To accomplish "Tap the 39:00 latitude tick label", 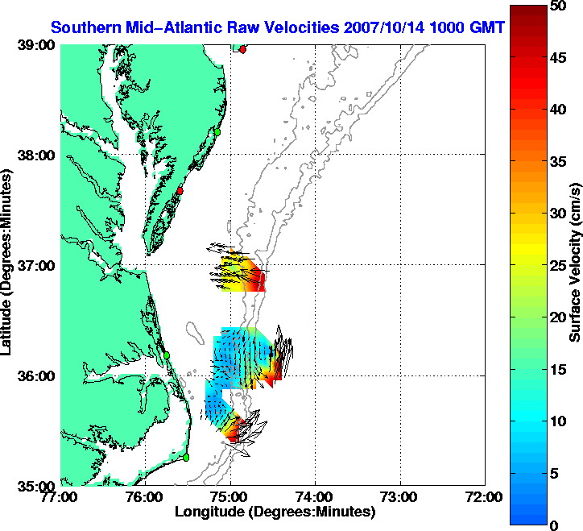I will click(x=35, y=46).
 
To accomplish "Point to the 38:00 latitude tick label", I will click(x=35, y=156).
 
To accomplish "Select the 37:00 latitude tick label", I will click(x=35, y=266).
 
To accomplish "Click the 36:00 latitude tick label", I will click(x=35, y=375).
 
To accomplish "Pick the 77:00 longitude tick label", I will click(x=60, y=496).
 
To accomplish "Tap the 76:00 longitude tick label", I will click(x=145, y=496).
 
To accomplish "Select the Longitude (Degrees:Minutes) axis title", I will click(x=275, y=512).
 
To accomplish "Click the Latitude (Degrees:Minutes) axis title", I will click(x=8, y=266).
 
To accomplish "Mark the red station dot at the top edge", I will click(x=242, y=49).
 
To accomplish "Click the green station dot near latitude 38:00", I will click(x=217, y=131).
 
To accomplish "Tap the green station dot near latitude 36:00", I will click(x=167, y=355).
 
